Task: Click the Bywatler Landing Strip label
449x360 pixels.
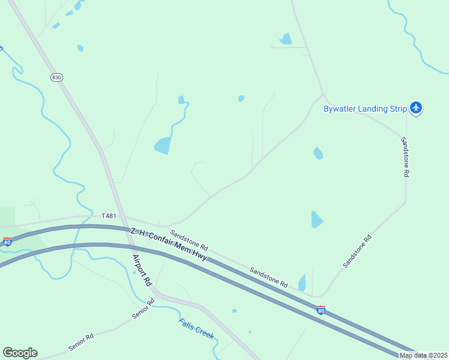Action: pos(364,109)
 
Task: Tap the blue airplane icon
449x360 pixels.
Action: pos(417,108)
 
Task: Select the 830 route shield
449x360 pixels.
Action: pos(56,77)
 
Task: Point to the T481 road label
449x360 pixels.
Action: pos(109,216)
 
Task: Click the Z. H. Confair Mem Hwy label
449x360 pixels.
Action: pos(169,244)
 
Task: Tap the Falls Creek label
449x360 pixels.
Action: pos(196,329)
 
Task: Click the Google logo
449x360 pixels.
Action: pos(20,353)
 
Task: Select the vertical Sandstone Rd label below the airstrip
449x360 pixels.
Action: pos(406,156)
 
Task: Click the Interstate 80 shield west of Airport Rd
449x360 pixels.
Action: pos(7,241)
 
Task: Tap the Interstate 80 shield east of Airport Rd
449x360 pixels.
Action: pos(321,310)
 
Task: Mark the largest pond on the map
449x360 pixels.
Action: pos(162,146)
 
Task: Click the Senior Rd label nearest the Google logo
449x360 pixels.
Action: pos(81,343)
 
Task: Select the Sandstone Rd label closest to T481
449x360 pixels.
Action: pos(188,241)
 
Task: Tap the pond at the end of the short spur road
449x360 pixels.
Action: pos(286,39)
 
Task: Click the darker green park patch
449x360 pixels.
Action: pos(7,216)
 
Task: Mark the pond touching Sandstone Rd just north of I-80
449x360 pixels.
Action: pos(302,283)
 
